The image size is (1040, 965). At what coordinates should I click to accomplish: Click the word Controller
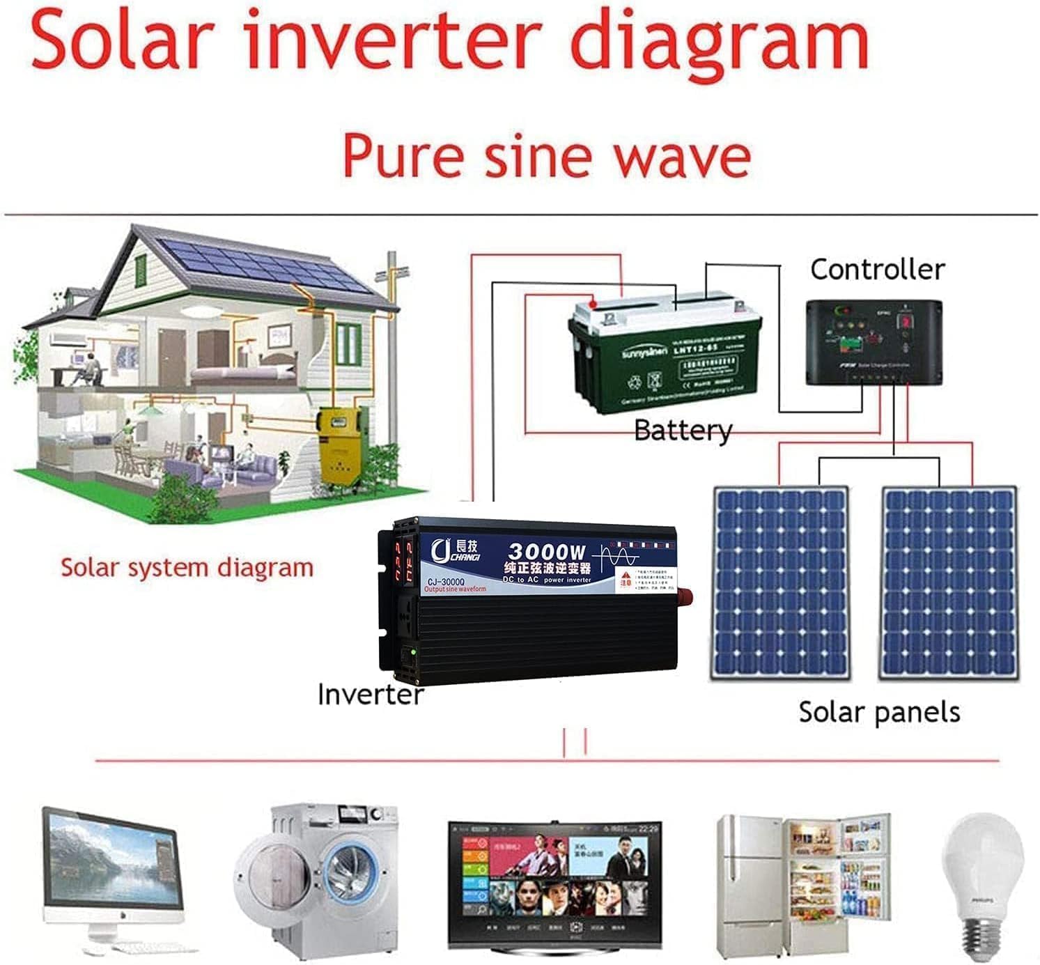(x=877, y=269)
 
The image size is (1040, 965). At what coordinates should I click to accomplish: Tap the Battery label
(x=683, y=431)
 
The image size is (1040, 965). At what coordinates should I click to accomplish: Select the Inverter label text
(x=370, y=694)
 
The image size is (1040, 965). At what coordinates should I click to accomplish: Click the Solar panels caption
(x=879, y=711)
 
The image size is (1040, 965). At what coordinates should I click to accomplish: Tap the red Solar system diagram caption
(x=187, y=567)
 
